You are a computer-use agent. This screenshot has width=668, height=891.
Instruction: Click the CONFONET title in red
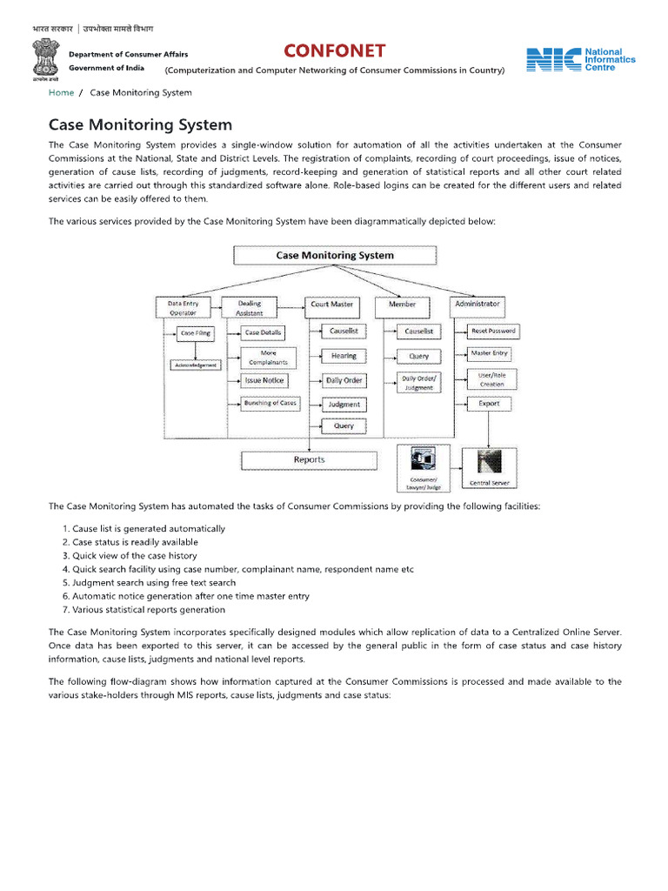point(334,50)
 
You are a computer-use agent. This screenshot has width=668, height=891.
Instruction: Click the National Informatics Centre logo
point(581,60)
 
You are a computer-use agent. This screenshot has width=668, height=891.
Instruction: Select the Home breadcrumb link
point(61,92)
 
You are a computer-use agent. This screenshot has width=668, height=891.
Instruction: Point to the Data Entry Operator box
point(183,307)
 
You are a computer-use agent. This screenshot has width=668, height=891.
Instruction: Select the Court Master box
point(331,305)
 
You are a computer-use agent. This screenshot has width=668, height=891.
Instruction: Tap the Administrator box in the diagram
point(477,304)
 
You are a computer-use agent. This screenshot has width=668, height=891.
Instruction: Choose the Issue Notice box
point(264,381)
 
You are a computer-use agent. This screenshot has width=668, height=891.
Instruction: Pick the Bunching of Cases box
point(270,403)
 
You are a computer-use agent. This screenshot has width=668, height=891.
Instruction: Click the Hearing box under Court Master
point(344,356)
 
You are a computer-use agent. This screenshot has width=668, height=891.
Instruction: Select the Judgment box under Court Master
point(344,405)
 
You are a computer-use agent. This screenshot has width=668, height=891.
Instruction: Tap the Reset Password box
point(492,332)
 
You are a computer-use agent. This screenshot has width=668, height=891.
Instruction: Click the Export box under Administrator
point(489,404)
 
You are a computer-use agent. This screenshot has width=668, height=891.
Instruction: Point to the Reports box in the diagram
point(309,459)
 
